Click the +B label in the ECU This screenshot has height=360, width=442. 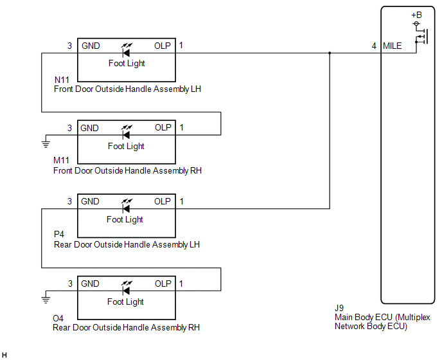416,15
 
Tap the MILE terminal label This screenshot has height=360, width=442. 392,46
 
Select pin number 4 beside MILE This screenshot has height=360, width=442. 374,46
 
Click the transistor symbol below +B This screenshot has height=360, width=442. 422,37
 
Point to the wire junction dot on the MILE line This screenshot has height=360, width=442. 330,53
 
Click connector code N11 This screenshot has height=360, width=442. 62,80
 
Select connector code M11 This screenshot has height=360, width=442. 61,160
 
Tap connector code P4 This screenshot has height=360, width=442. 59,234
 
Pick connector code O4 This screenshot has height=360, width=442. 58,318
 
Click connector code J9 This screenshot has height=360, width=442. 339,308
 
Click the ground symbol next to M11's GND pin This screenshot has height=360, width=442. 46,143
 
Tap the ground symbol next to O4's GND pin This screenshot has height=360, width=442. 46,298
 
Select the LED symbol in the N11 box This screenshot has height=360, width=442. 127,50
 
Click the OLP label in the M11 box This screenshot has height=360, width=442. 163,127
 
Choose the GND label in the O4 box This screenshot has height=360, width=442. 90,283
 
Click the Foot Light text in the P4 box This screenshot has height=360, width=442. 125,219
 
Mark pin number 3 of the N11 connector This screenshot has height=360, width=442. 69,46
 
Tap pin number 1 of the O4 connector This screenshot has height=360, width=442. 181,283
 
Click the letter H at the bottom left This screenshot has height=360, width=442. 4,355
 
